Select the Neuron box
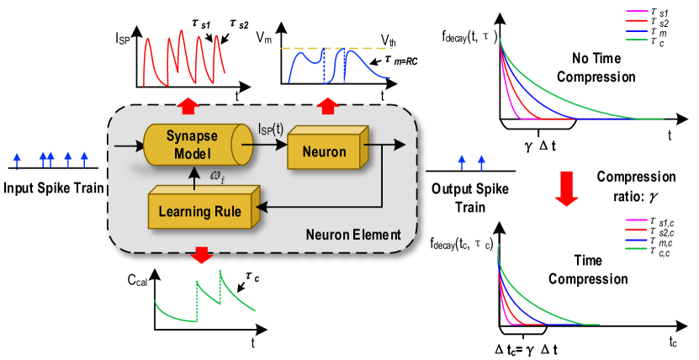(323, 151)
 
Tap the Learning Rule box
(199, 210)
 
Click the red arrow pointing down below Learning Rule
(201, 255)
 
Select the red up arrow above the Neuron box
(327, 105)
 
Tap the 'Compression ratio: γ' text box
(635, 185)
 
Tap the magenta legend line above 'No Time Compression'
(636, 12)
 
